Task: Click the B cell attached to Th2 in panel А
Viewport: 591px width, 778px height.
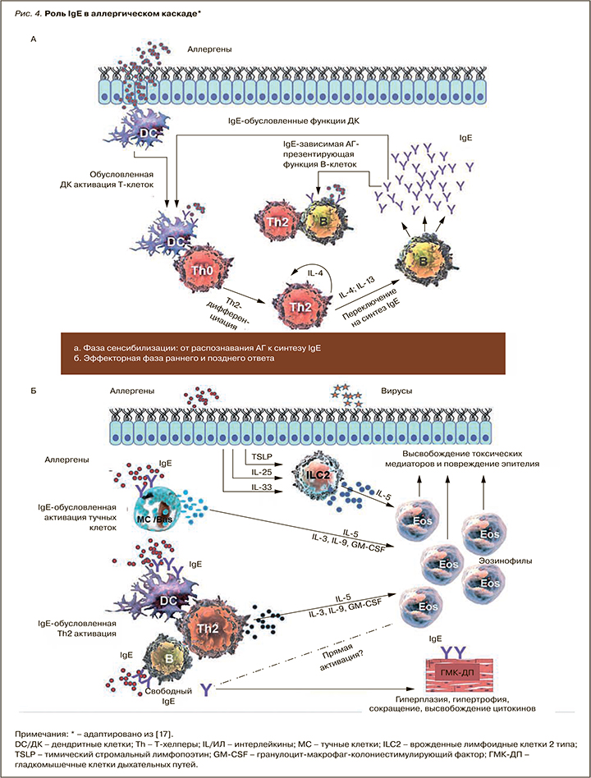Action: point(314,220)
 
